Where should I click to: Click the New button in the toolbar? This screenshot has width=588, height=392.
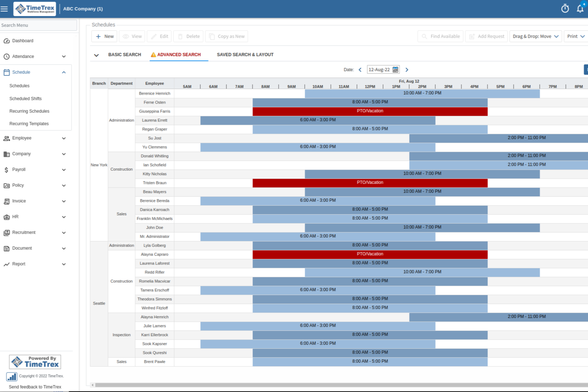click(x=104, y=37)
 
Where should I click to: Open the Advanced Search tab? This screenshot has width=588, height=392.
click(x=178, y=55)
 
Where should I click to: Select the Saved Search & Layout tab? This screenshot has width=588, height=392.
click(x=245, y=55)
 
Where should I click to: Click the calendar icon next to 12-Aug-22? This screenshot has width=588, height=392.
click(x=395, y=70)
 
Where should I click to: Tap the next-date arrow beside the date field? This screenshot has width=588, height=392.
click(x=407, y=70)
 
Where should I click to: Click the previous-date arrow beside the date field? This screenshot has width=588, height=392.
click(x=360, y=70)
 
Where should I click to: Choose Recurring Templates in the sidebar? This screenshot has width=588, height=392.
click(x=29, y=124)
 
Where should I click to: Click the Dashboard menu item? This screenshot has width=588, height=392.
click(x=23, y=41)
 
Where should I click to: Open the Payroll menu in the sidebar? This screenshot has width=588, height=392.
click(x=19, y=170)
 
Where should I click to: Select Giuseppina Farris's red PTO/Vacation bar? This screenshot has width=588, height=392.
click(x=370, y=111)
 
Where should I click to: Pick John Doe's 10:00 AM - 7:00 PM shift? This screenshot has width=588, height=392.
click(x=422, y=228)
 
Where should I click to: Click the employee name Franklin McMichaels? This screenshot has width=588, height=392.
click(x=155, y=219)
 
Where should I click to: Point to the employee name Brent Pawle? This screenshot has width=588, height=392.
click(x=155, y=362)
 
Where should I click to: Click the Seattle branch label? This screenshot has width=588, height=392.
click(x=99, y=303)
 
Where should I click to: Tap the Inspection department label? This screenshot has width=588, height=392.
click(x=122, y=335)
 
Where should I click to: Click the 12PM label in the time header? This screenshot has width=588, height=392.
click(x=370, y=87)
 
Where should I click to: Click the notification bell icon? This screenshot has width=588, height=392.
click(x=580, y=9)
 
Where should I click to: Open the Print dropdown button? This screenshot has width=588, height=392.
click(x=575, y=37)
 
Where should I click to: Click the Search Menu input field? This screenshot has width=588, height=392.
click(x=38, y=25)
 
